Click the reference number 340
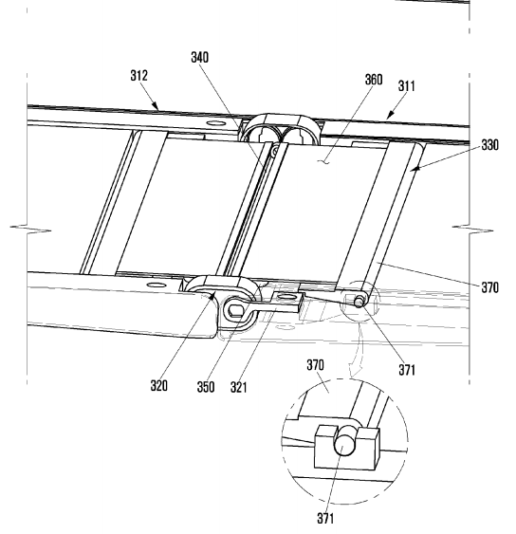coord(199,57)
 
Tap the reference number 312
coord(139,75)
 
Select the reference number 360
coord(374,80)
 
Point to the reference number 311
coord(407,85)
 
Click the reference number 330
coord(490,145)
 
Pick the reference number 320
coord(159,385)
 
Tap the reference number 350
coord(206,387)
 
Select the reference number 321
coord(238,387)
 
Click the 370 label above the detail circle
coord(316,365)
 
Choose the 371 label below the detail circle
coord(325,518)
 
